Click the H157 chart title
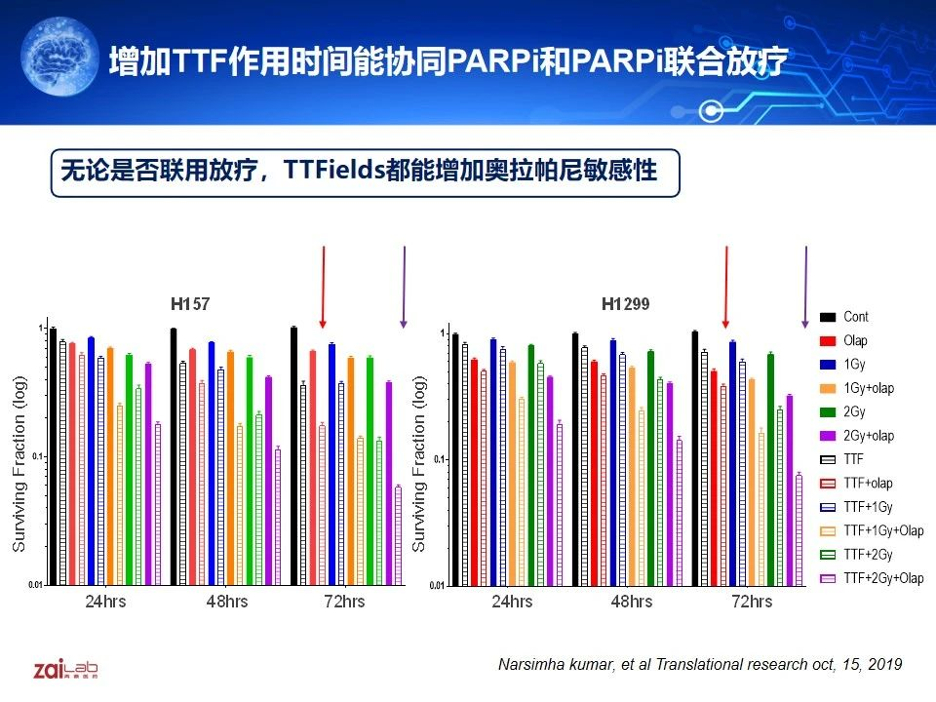pyautogui.click(x=190, y=305)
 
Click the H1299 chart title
pyautogui.click(x=626, y=305)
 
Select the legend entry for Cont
pyautogui.click(x=855, y=317)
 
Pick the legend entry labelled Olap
pyautogui.click(x=855, y=341)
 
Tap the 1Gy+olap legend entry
pyautogui.click(x=868, y=388)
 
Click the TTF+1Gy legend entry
pyautogui.click(x=868, y=507)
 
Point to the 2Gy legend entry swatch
pyautogui.click(x=829, y=411)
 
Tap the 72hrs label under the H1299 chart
pyautogui.click(x=752, y=602)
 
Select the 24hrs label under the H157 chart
pyautogui.click(x=103, y=601)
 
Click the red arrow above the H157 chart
pyautogui.click(x=323, y=288)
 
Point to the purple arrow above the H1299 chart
pyautogui.click(x=805, y=288)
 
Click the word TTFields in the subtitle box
pyautogui.click(x=331, y=172)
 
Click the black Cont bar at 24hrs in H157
pyautogui.click(x=53, y=456)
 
